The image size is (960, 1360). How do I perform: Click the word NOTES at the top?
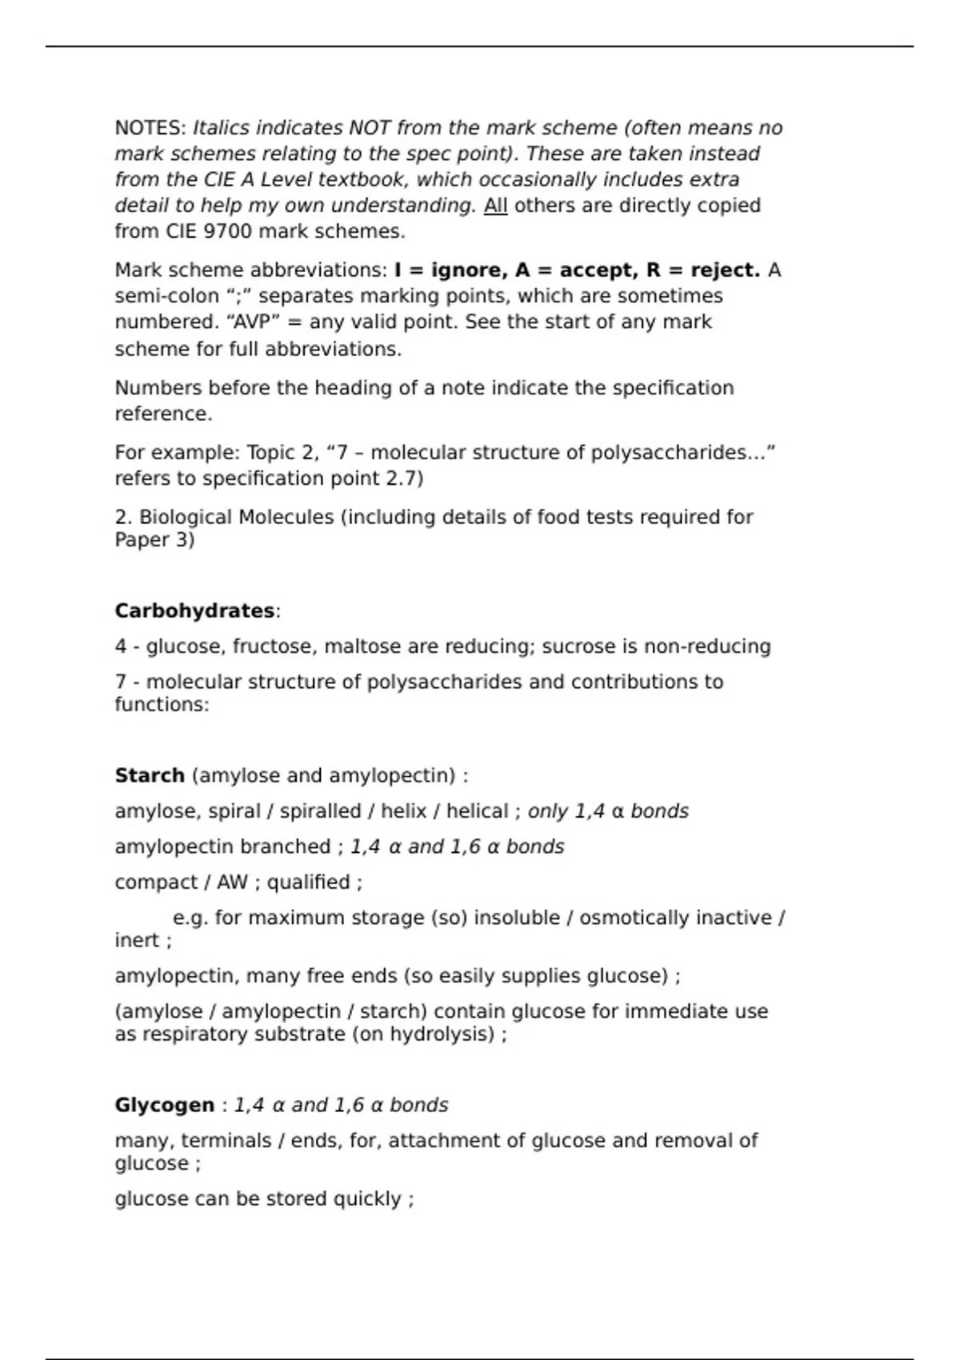pos(150,128)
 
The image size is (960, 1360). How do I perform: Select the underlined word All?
pos(495,206)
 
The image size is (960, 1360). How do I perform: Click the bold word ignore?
pos(468,270)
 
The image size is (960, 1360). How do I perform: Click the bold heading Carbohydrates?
pos(194,611)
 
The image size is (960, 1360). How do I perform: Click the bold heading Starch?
pos(150,776)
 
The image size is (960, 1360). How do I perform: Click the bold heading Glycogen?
pos(165,1105)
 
